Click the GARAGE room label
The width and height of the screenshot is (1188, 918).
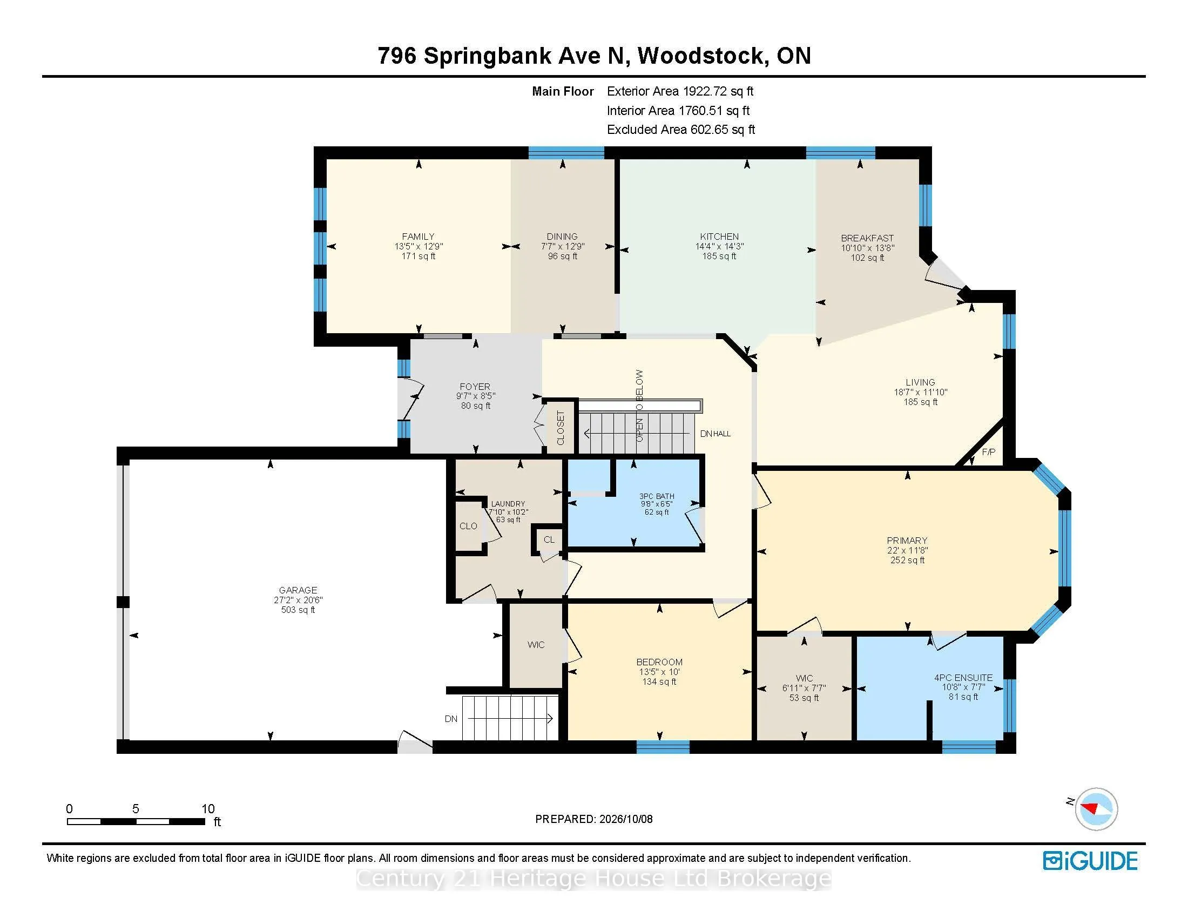[298, 590]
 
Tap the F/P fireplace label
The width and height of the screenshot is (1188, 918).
[988, 452]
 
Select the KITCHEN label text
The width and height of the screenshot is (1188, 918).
[719, 237]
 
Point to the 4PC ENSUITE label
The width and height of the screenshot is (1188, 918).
[963, 678]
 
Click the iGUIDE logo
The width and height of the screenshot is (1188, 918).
[1090, 861]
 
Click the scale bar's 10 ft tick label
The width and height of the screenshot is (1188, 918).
[208, 809]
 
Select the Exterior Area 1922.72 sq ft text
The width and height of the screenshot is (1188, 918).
[680, 91]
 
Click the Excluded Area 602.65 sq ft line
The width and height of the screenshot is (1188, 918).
[681, 130]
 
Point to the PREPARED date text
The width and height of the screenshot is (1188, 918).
[594, 819]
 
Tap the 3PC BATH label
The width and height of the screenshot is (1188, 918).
[657, 496]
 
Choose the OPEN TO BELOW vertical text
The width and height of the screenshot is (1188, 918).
[640, 406]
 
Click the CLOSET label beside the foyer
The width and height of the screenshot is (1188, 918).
[561, 428]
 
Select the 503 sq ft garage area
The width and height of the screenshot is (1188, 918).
[298, 610]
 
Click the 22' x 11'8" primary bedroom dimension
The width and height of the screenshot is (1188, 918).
[907, 550]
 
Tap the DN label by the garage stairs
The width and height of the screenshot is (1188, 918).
[451, 719]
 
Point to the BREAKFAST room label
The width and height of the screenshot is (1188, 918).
[867, 238]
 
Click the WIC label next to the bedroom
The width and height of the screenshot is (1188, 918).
[536, 644]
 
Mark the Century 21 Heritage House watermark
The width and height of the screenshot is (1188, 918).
[594, 878]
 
